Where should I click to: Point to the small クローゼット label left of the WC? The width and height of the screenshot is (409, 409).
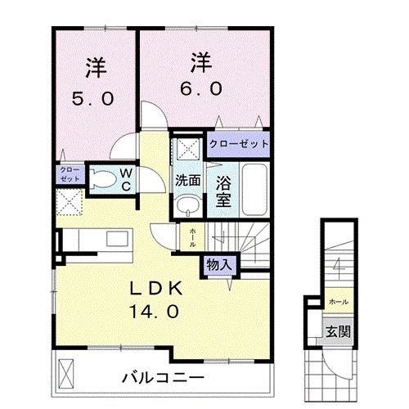69,173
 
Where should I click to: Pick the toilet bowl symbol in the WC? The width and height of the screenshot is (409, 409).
101,178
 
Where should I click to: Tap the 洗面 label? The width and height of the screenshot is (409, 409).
187,179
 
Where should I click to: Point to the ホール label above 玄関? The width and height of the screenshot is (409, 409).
337,302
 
